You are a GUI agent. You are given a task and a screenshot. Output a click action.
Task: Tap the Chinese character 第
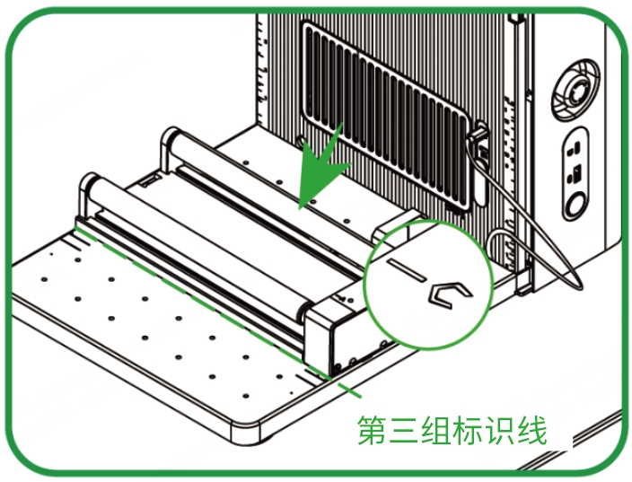tap(372, 431)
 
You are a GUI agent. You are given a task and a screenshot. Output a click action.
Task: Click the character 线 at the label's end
tap(532, 431)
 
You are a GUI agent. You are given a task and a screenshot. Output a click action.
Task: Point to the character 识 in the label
tap(500, 431)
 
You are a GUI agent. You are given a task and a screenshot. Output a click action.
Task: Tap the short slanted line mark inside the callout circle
tap(407, 270)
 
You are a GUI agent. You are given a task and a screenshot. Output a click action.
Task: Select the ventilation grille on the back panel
tap(386, 117)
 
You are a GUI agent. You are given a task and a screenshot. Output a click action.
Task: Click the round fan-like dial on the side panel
tap(576, 90)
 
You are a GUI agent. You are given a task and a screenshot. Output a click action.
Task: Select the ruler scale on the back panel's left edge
tap(263, 73)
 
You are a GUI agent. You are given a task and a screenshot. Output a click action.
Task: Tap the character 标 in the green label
tap(468, 431)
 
